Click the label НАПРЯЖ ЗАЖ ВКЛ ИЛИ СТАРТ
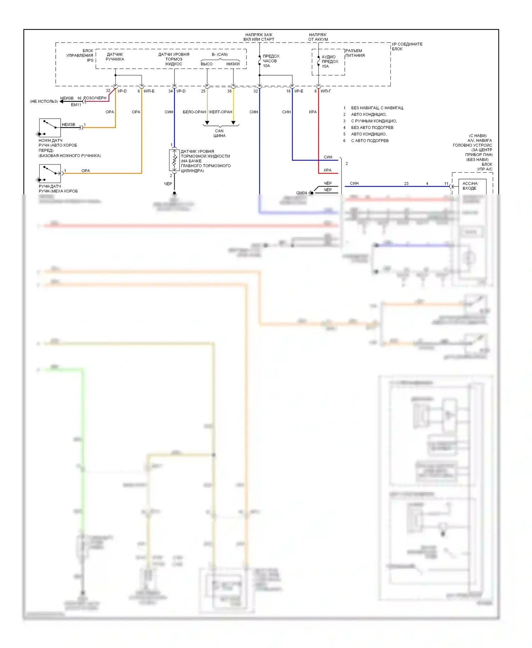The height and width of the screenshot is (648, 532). tap(259, 37)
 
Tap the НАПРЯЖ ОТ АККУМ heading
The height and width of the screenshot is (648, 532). tap(318, 37)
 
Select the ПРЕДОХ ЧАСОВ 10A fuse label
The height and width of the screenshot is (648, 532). tap(271, 61)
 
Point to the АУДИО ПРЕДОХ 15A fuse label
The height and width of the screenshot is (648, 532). tap(329, 61)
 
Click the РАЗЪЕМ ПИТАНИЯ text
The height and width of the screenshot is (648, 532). tap(355, 53)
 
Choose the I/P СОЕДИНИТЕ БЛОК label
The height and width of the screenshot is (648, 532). tap(407, 46)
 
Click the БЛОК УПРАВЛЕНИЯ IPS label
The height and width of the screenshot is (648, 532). tap(80, 55)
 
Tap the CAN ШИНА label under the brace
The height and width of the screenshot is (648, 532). tap(220, 133)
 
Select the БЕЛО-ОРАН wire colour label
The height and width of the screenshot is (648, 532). tap(194, 112)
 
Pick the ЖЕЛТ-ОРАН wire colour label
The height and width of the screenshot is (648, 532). tap(221, 112)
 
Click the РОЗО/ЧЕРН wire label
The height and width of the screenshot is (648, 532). tap(95, 98)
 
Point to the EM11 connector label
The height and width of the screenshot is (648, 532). tap(76, 105)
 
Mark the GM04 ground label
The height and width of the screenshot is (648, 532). tap(301, 193)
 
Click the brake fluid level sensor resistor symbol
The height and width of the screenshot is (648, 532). tap(174, 160)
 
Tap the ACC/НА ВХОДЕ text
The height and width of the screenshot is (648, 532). tap(470, 186)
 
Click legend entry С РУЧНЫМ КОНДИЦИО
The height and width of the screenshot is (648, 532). tap(374, 121)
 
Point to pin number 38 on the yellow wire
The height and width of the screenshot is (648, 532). tap(229, 91)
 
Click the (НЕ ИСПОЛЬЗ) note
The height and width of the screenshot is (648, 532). tap(44, 101)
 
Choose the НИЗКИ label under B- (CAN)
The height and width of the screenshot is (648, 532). tap(233, 64)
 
